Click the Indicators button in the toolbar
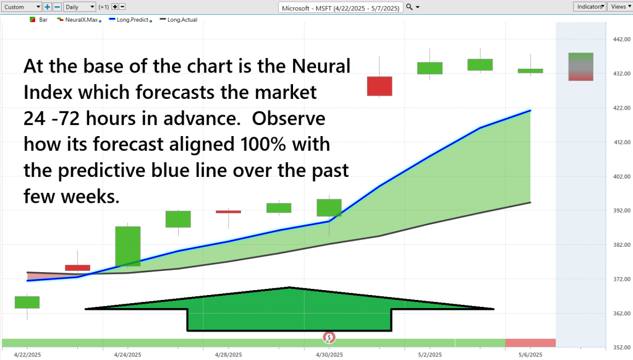click(589, 7)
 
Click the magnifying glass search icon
click(409, 7)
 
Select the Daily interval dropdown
click(80, 7)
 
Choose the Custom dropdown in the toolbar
click(22, 7)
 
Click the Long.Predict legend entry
click(131, 20)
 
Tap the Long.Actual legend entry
click(179, 20)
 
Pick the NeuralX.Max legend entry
click(79, 20)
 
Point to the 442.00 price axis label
click(621, 39)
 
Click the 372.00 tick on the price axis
click(621, 279)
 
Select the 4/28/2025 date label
click(229, 355)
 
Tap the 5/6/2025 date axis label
click(530, 355)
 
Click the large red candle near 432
click(380, 86)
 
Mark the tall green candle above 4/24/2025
click(128, 246)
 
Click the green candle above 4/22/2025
click(27, 302)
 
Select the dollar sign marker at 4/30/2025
click(329, 337)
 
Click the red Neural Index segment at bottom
click(530, 343)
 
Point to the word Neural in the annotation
click(321, 66)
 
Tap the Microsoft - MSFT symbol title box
click(341, 7)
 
